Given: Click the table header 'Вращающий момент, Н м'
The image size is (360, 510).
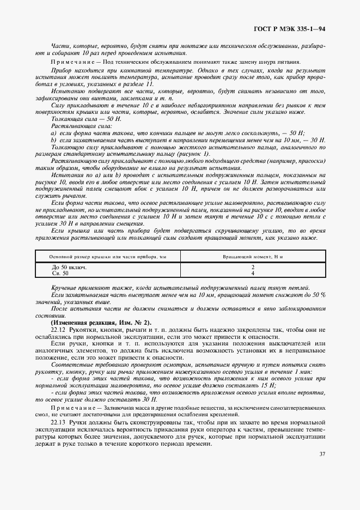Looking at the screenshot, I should click(x=253, y=256).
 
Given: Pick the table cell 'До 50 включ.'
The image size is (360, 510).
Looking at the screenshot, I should click(x=69, y=268).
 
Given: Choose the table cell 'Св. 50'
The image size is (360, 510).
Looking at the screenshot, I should click(x=60, y=273).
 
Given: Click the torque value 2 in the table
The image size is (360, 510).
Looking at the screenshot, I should click(x=253, y=268).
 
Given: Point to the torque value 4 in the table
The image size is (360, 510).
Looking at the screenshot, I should click(x=253, y=273).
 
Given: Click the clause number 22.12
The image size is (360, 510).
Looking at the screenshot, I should click(x=58, y=330).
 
